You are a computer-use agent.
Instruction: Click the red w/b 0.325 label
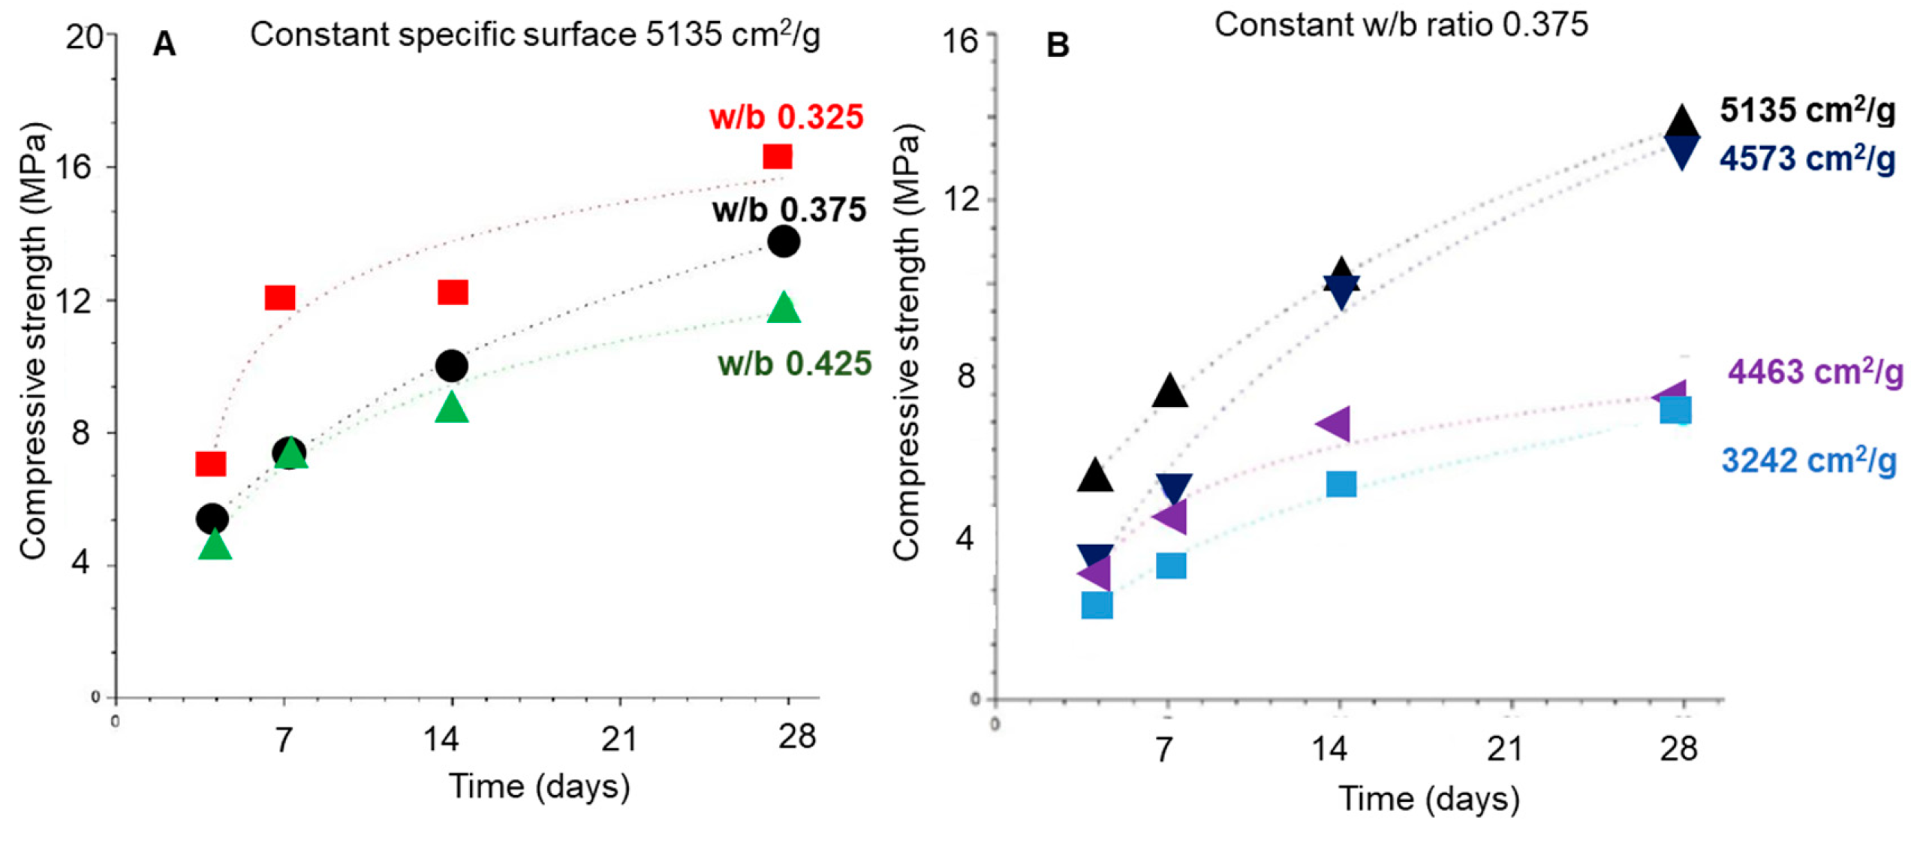click(786, 117)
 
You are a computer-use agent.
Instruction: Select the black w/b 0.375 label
click(789, 209)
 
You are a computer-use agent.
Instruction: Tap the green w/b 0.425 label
click(794, 363)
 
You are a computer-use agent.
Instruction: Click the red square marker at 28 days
click(777, 156)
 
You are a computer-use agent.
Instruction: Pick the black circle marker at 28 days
click(783, 241)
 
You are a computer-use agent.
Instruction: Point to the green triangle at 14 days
click(451, 408)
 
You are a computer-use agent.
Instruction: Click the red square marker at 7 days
click(280, 298)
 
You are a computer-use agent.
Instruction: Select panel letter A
click(164, 44)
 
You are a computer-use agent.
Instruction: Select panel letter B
click(1057, 46)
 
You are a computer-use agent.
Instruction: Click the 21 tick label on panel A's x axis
click(619, 738)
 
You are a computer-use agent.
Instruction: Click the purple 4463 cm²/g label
click(1815, 372)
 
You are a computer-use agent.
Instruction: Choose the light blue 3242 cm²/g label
click(1808, 460)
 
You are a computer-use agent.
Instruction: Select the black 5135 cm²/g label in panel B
click(1807, 110)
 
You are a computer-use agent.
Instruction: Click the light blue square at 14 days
click(1341, 484)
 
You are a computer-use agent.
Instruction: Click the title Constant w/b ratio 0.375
click(1401, 25)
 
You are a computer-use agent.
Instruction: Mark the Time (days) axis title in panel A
click(539, 786)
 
